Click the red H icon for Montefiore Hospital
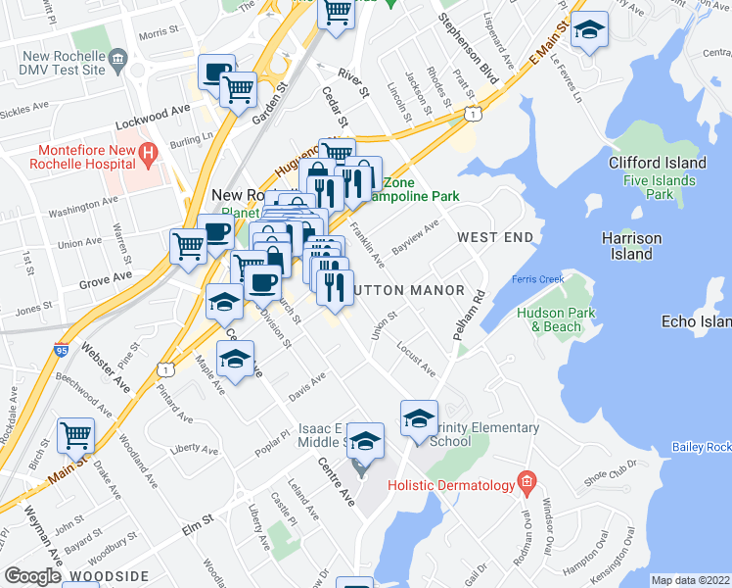point(147,153)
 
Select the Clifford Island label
point(657,163)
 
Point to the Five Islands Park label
point(660,187)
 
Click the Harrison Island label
point(631,246)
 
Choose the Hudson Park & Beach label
point(549,319)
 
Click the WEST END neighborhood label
point(495,238)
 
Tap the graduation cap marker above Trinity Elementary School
point(419,416)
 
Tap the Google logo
point(31,576)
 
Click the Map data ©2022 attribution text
point(690,580)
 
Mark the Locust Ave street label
point(416,359)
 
